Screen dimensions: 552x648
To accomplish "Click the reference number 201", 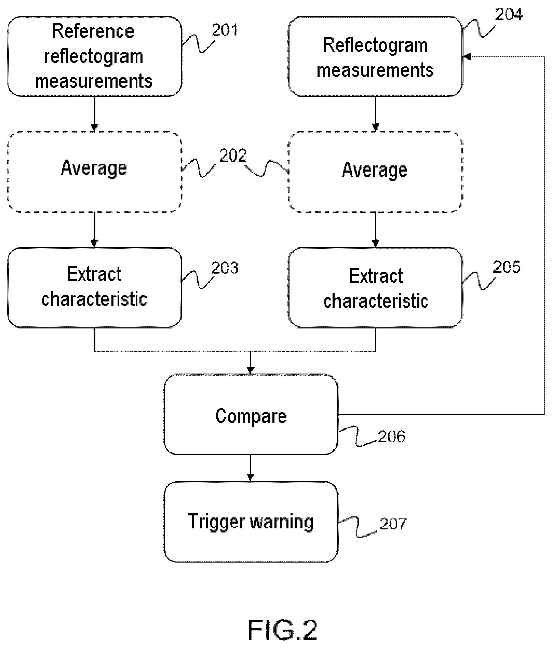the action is tap(225, 30).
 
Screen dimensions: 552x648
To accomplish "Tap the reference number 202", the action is tap(233, 156).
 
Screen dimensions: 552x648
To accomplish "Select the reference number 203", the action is tap(225, 268).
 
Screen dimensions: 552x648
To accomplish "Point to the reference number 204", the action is tap(509, 14).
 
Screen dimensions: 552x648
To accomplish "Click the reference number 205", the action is tap(506, 267).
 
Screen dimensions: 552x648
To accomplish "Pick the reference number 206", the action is tap(392, 436).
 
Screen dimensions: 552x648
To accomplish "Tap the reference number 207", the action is tap(393, 524).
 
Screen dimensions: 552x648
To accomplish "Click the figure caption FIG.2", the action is tap(283, 630).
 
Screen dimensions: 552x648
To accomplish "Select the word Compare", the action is tap(251, 416).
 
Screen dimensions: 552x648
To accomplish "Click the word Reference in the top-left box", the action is tap(93, 31).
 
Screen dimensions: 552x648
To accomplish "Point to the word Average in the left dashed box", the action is tap(94, 168).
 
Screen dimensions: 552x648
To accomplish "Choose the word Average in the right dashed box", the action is tap(375, 170).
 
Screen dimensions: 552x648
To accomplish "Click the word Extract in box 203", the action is tap(94, 274).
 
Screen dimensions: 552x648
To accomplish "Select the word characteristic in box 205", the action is tap(376, 301).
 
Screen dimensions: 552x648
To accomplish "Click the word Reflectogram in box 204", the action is tap(375, 45).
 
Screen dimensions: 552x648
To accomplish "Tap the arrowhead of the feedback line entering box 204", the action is tap(467, 56).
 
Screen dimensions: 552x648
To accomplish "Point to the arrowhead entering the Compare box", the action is tap(251, 370).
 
